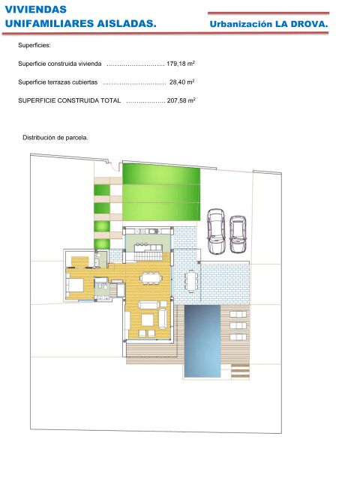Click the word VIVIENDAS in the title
tap(35, 9)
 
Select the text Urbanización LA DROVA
tap(268, 24)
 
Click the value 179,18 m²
tap(181, 64)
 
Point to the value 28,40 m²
tap(181, 82)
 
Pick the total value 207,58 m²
tap(181, 100)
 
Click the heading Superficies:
tap(34, 45)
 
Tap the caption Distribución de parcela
tap(55, 138)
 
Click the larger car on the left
tap(216, 231)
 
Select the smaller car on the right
tap(238, 234)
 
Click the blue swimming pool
tap(202, 341)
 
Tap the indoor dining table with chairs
tap(151, 277)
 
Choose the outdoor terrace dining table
tap(191, 281)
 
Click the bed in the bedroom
tap(75, 285)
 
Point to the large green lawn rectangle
tap(161, 192)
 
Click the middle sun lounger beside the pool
tap(238, 326)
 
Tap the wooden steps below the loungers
tap(240, 371)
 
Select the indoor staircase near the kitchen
tap(148, 256)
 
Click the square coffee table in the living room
tap(148, 320)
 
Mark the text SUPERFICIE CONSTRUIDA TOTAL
tap(70, 100)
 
